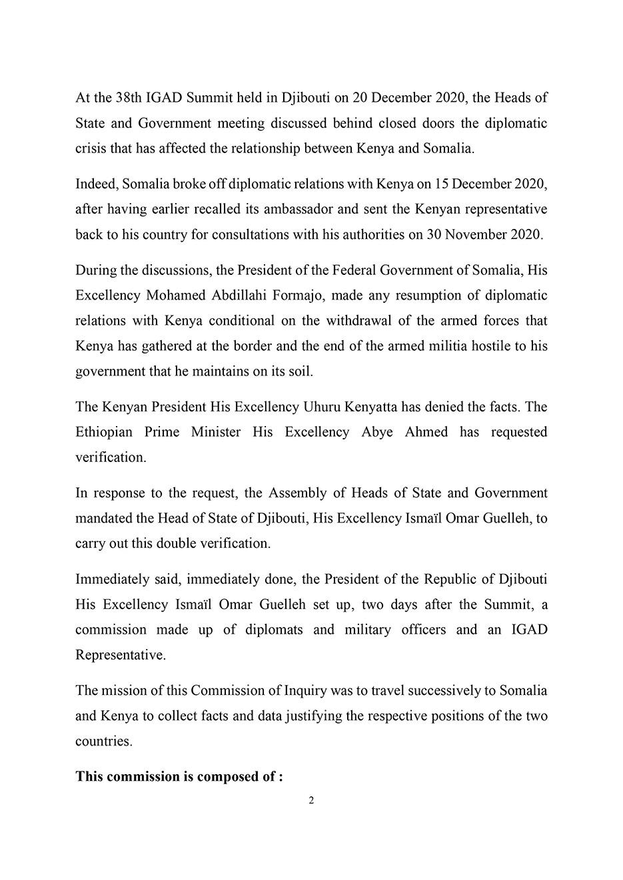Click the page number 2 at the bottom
tap(311, 800)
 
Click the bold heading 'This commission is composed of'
tap(179, 777)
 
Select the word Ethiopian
tap(105, 432)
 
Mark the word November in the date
tap(477, 234)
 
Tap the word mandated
tap(103, 519)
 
